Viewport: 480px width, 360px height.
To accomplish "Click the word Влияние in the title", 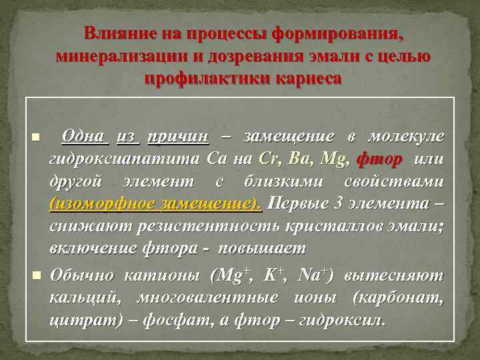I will [x=115, y=33].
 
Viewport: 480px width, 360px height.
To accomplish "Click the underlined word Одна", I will [x=83, y=137].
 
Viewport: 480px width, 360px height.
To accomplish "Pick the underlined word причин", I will [x=178, y=137].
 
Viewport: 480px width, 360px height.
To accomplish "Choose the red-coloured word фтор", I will [x=379, y=159].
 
